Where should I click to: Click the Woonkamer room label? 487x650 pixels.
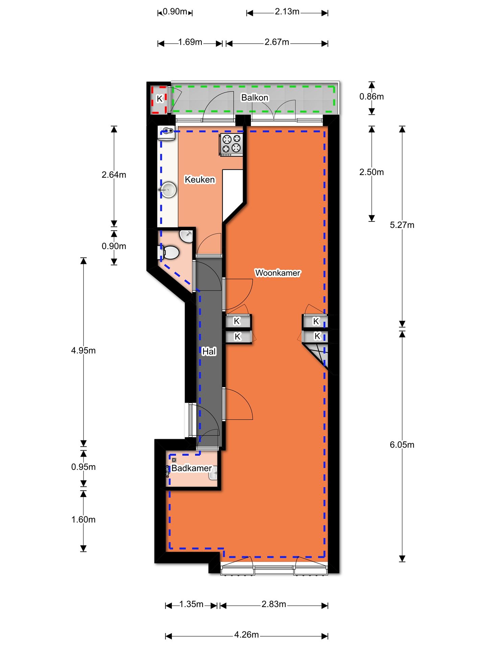(277, 273)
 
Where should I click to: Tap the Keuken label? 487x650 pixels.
(200, 179)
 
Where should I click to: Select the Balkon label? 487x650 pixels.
(255, 97)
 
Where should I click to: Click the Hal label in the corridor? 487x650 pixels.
(209, 351)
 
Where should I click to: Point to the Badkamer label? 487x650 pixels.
(191, 468)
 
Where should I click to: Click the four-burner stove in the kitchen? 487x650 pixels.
(231, 145)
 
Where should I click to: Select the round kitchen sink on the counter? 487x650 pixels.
(168, 190)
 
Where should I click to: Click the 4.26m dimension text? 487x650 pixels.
(246, 634)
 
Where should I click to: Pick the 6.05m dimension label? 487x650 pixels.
(402, 445)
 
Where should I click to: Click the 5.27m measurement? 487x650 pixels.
(402, 225)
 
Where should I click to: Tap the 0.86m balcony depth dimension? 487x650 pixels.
(371, 96)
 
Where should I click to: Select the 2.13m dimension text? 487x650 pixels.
(287, 12)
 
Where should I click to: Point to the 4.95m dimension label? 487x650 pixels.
(83, 350)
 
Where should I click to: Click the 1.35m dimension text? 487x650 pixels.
(191, 604)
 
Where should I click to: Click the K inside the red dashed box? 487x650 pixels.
(160, 99)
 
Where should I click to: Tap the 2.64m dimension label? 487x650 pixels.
(114, 175)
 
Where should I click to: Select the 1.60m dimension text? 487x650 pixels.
(83, 519)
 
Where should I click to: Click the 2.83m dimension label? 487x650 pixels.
(274, 604)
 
